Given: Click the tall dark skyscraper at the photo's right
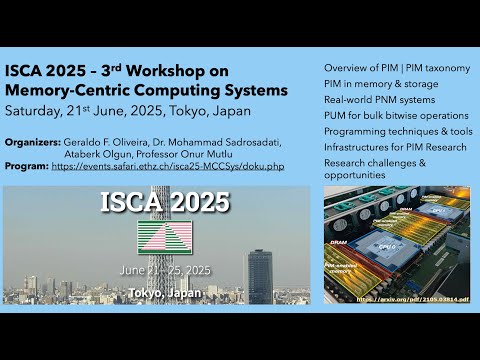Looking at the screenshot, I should click(x=260, y=275).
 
